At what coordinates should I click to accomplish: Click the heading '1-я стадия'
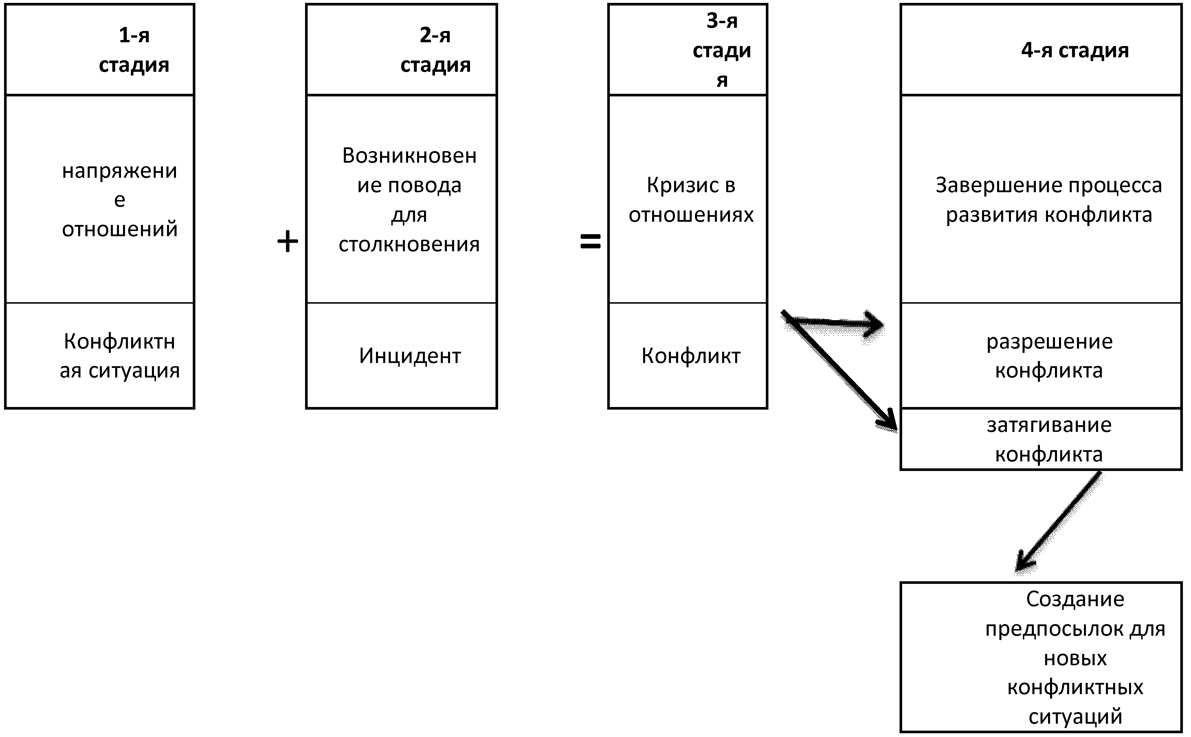(134, 50)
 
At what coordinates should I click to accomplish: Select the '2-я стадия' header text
(435, 50)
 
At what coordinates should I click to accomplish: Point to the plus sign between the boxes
(287, 242)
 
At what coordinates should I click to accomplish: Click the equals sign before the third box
(590, 242)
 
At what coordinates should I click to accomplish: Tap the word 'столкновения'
(409, 245)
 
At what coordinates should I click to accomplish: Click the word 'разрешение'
(1049, 342)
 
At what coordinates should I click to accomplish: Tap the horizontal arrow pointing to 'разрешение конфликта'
(838, 323)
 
